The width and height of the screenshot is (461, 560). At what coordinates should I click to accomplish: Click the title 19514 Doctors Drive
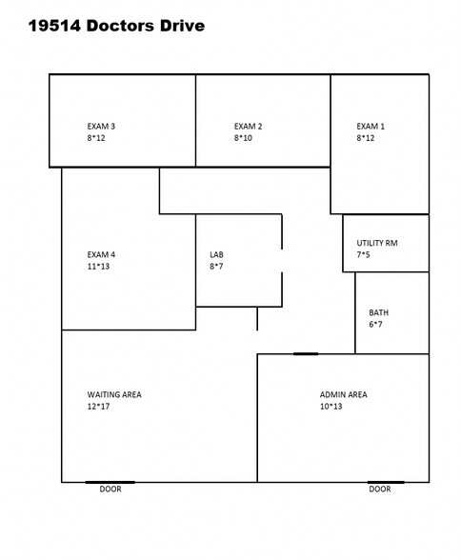[x=116, y=26]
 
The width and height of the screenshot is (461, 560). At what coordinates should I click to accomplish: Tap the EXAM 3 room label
[x=101, y=126]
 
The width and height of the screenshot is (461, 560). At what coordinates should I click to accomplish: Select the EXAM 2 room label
[x=249, y=126]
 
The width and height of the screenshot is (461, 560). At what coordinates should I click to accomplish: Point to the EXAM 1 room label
[x=371, y=126]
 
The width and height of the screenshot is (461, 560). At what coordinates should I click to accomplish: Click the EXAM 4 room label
[x=101, y=254]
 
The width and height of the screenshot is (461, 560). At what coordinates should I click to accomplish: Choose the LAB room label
[x=216, y=254]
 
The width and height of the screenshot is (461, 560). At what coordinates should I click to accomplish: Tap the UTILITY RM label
[x=377, y=243]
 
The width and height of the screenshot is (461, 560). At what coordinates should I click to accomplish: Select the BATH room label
[x=379, y=312]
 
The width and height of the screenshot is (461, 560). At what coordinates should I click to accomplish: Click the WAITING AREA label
[x=114, y=394]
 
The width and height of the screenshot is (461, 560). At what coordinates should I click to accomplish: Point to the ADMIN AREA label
[x=344, y=394]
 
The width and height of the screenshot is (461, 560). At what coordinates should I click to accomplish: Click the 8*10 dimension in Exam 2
[x=243, y=138]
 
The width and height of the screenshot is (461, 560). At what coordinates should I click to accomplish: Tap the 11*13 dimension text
[x=98, y=267]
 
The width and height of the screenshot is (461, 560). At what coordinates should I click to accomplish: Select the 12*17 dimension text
[x=98, y=407]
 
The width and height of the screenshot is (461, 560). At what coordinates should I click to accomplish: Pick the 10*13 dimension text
[x=331, y=407]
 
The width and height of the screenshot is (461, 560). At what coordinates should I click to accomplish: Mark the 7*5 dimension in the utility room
[x=363, y=254]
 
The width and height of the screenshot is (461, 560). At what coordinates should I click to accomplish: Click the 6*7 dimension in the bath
[x=375, y=324]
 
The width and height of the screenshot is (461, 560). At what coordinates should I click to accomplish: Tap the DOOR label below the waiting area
[x=110, y=489]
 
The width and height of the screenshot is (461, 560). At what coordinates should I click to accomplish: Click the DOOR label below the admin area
[x=380, y=489]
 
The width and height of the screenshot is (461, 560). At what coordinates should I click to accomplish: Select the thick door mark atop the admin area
[x=306, y=354]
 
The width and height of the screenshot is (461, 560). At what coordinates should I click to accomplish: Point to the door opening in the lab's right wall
[x=282, y=261]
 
